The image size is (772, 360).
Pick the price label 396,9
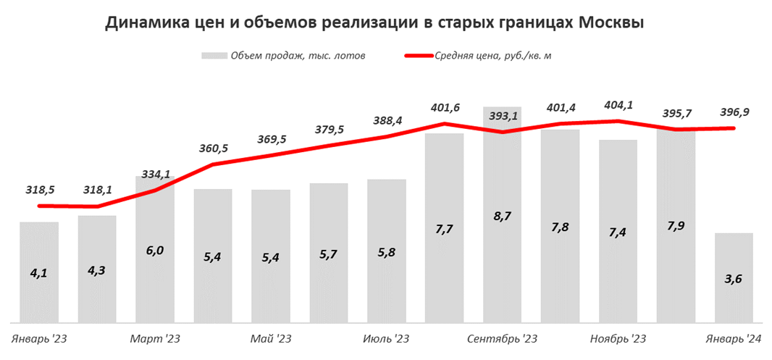coord(734,112)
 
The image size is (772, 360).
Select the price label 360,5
coord(213,148)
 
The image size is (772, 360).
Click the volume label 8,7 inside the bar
coord(502,237)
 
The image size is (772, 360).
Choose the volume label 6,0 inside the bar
coord(155,251)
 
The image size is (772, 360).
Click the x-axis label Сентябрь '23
coord(502,338)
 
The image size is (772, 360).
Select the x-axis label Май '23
coord(270,338)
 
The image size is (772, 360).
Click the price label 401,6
coord(445,107)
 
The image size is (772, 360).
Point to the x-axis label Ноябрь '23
coord(618,338)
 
